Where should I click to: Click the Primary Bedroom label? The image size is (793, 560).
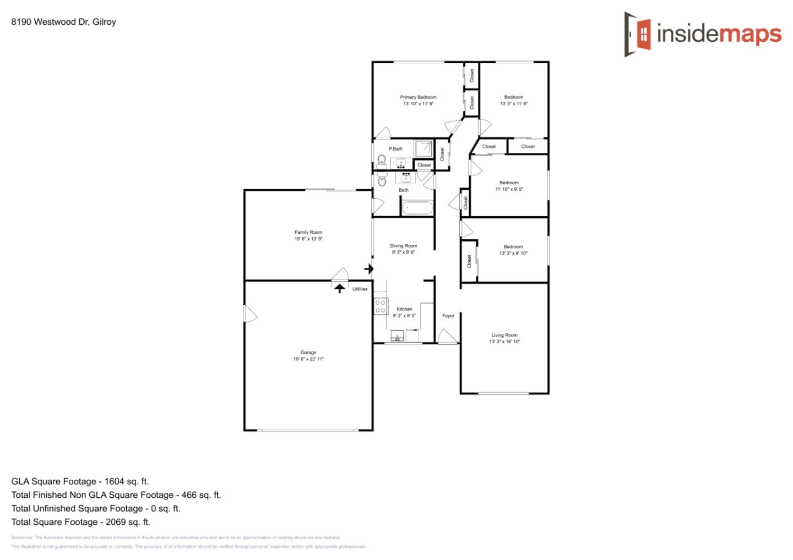418,97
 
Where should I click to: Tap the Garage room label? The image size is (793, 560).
308,353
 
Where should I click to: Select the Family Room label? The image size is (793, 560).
308,233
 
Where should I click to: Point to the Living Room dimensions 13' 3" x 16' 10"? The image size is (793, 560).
504,342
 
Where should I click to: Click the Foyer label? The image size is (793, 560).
448,316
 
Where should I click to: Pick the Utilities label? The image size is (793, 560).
360,289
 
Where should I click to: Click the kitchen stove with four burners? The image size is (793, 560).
380,306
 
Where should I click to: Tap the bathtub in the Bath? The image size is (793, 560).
417,208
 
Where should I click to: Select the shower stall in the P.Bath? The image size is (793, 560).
423,149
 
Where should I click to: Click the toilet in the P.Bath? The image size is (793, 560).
382,161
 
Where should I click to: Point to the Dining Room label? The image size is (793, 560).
404,246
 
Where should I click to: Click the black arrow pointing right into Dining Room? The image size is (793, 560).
369,269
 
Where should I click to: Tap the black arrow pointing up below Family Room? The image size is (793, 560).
340,288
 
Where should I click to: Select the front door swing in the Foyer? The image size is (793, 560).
447,336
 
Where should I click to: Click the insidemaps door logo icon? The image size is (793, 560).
638,34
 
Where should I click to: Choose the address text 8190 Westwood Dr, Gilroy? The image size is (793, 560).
63,22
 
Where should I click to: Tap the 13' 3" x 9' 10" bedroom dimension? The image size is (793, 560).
513,254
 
